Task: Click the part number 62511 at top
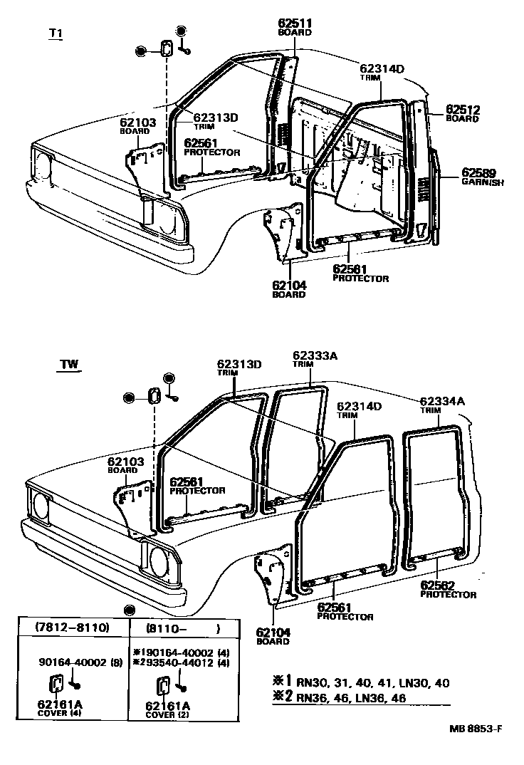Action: [295, 24]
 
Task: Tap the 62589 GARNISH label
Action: [482, 176]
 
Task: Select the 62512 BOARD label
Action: [463, 113]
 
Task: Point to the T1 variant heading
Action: [55, 33]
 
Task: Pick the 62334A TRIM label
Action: [441, 405]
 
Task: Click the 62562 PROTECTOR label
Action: [448, 589]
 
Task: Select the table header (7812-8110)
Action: [72, 628]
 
